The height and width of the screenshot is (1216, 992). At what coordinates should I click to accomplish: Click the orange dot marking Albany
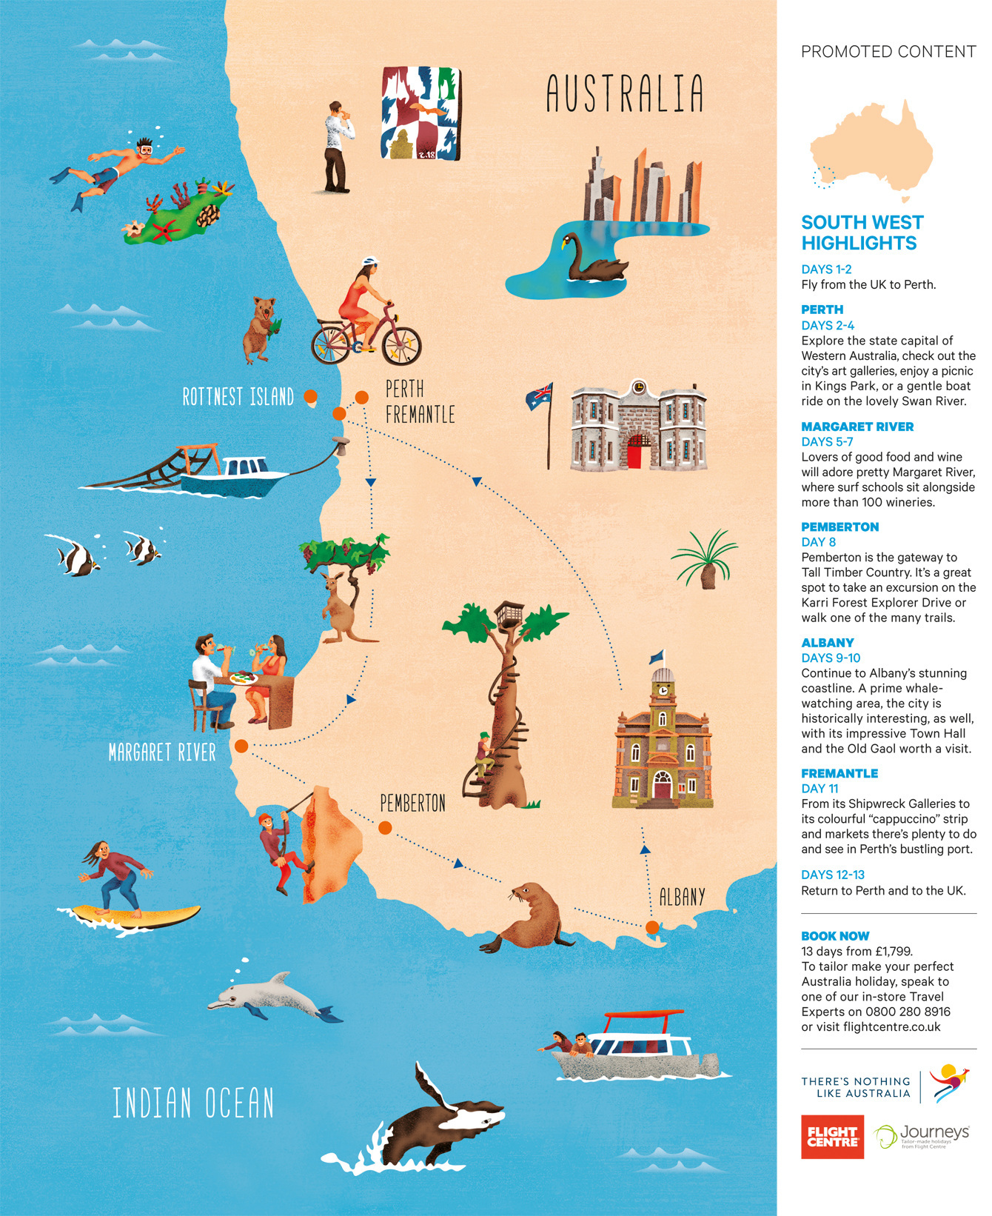click(651, 927)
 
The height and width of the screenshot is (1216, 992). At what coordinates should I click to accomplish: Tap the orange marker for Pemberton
click(385, 828)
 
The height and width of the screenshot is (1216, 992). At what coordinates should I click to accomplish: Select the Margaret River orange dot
click(241, 746)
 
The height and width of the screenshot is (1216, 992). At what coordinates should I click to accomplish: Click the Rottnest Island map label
click(238, 397)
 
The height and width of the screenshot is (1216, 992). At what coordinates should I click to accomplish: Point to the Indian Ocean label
click(193, 1103)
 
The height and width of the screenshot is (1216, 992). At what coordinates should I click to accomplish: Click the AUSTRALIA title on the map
click(625, 93)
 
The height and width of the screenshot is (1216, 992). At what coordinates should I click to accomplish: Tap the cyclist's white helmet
click(369, 262)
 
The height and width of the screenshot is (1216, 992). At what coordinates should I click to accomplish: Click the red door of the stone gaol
click(634, 452)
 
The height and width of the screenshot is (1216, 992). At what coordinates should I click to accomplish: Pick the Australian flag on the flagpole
click(540, 397)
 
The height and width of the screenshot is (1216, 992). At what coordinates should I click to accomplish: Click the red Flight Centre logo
click(832, 1137)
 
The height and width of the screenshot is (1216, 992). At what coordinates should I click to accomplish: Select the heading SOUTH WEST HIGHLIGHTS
click(862, 233)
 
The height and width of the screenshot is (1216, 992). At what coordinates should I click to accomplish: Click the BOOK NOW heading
click(835, 936)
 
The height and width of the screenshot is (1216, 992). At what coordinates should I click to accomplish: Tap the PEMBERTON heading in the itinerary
click(839, 527)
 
